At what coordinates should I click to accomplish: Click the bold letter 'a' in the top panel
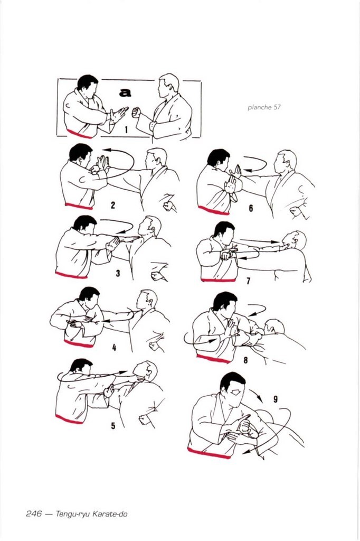(125, 92)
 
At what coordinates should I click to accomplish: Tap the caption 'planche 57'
(264, 107)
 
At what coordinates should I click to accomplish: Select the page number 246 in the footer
(34, 514)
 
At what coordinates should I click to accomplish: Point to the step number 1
(126, 130)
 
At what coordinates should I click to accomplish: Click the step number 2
(113, 206)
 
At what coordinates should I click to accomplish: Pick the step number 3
(118, 273)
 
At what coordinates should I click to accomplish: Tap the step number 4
(114, 348)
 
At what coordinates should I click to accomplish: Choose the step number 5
(113, 426)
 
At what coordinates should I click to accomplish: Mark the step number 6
(251, 208)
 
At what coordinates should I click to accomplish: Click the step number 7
(248, 281)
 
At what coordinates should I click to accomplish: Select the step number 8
(245, 360)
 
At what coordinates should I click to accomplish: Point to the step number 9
(276, 399)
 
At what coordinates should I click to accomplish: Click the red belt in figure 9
(209, 453)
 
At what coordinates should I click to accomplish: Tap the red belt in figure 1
(79, 134)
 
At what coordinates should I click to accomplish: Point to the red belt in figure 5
(69, 419)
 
